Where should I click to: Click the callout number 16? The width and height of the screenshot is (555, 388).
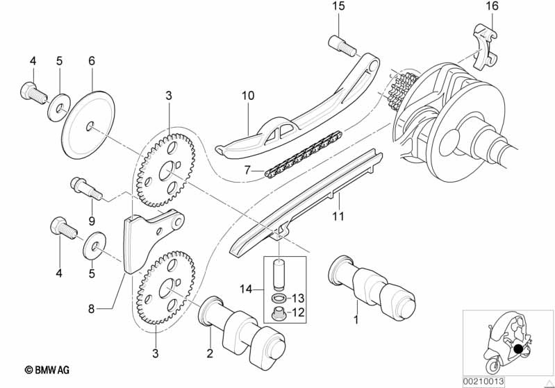point(492,6)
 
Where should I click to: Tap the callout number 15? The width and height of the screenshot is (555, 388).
point(338,6)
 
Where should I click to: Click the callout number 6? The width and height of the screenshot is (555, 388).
point(90,61)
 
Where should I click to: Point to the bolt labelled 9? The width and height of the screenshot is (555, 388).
point(84,189)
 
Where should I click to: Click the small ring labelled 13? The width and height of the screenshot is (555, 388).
point(278,299)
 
